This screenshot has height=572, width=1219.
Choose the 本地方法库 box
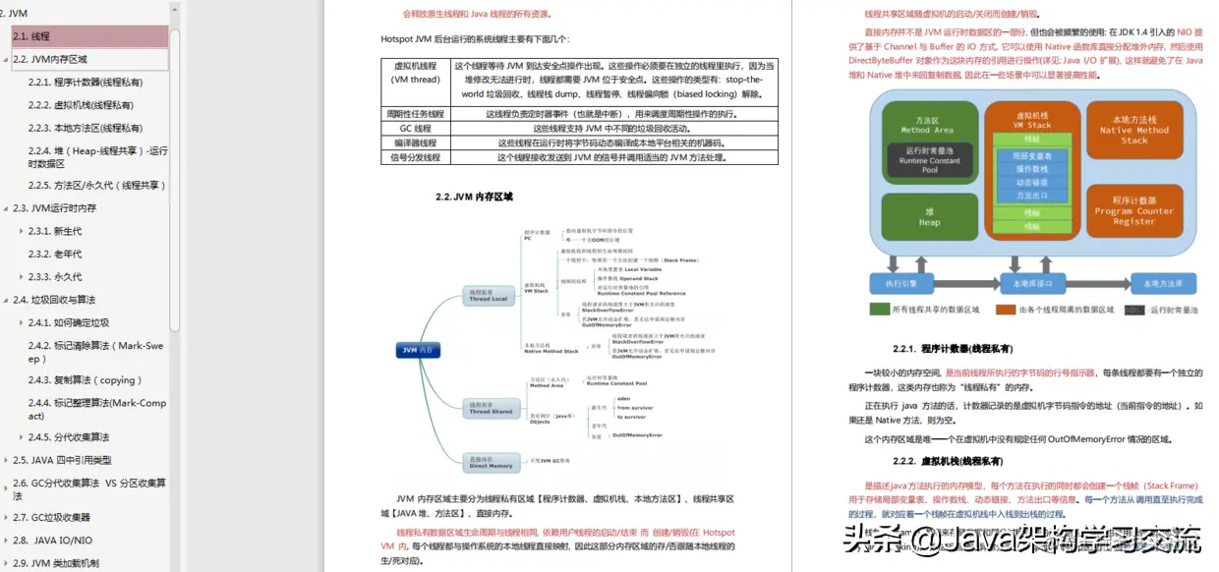(1163, 283)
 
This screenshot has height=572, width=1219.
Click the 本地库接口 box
(1031, 283)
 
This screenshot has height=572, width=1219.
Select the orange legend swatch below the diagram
(1006, 310)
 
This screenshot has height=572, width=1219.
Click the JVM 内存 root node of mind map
(417, 349)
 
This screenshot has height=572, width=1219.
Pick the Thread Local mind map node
(488, 294)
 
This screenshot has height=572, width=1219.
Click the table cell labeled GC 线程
(415, 129)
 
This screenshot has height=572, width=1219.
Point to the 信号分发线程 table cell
(415, 156)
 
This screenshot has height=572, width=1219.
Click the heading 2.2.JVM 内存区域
(474, 197)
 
